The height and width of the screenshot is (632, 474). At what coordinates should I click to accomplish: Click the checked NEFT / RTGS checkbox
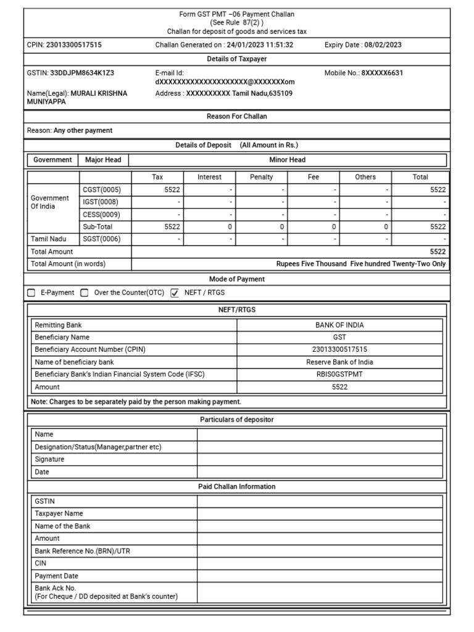[174, 293]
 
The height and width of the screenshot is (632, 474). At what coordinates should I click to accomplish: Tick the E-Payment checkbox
[31, 293]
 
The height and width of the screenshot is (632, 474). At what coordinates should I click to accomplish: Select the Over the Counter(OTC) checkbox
[85, 293]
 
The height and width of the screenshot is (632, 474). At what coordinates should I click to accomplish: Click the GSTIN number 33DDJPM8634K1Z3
[82, 73]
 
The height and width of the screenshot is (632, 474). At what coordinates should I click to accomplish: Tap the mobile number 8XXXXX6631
[382, 73]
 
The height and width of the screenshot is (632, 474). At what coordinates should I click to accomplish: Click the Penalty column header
[261, 177]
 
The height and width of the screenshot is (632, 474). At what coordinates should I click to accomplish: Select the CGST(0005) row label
[102, 190]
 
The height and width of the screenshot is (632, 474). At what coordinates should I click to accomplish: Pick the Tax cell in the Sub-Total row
[158, 227]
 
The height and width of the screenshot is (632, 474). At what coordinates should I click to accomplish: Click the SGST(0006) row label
[102, 239]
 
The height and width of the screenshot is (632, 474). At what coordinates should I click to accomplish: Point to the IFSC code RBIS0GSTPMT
[339, 375]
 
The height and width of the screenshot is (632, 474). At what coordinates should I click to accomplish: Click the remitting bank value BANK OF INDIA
[339, 325]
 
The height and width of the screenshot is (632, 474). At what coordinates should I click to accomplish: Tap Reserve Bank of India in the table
[339, 362]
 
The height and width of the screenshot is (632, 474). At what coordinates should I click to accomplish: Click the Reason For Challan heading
[236, 117]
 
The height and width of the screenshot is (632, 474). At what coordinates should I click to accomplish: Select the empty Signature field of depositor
[320, 460]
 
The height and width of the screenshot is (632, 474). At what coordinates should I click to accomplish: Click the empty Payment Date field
[320, 576]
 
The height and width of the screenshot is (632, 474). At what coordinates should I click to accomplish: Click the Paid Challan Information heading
[236, 487]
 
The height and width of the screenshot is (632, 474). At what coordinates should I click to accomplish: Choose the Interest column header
[209, 177]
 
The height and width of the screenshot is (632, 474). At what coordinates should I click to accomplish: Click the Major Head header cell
[103, 160]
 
